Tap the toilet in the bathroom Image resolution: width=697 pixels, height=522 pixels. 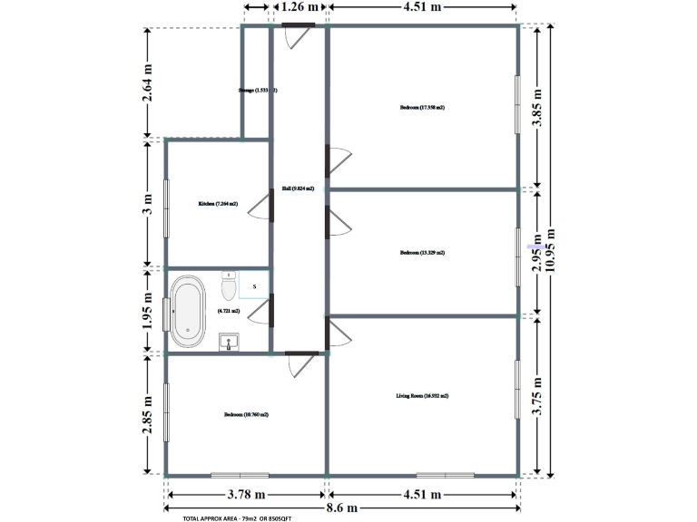coord(229,285)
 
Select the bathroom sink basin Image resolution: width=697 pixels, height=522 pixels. coord(230,342)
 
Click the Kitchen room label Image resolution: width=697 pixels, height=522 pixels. coord(218,204)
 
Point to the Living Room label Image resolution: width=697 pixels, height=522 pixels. coord(422,396)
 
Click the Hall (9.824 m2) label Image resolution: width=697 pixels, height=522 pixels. coord(298,188)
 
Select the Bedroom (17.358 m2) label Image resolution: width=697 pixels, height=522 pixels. coord(422,108)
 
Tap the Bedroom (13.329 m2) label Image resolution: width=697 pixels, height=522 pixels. coord(422,253)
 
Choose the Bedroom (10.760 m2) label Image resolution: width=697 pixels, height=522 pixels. coord(246,414)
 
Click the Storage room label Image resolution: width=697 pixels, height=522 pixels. coord(257,91)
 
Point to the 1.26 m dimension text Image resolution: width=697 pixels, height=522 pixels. coord(299,6)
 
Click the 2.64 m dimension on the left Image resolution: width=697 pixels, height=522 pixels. coord(148,83)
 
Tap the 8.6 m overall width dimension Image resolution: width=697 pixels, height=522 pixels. coord(340,508)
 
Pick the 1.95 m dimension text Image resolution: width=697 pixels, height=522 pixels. coord(148,311)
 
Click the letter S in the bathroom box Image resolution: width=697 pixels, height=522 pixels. coord(255,286)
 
